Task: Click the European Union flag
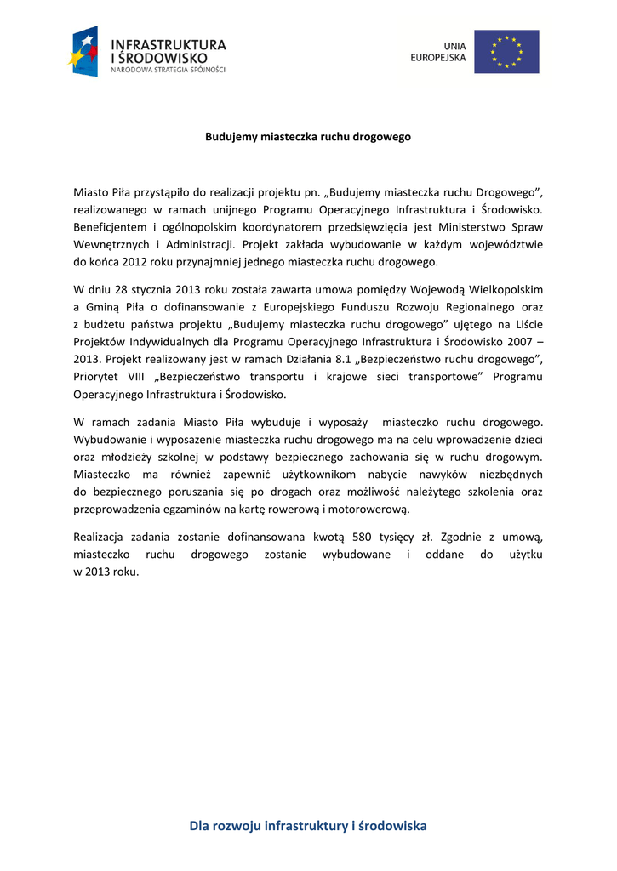506,52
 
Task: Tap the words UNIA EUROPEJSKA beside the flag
438,52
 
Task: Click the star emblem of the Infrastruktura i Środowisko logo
84,51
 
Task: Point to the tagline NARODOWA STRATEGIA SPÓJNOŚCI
169,70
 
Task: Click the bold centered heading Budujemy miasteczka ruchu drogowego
308,136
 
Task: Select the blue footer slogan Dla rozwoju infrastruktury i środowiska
308,826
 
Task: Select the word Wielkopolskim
504,290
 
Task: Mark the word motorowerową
370,509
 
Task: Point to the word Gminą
104,307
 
